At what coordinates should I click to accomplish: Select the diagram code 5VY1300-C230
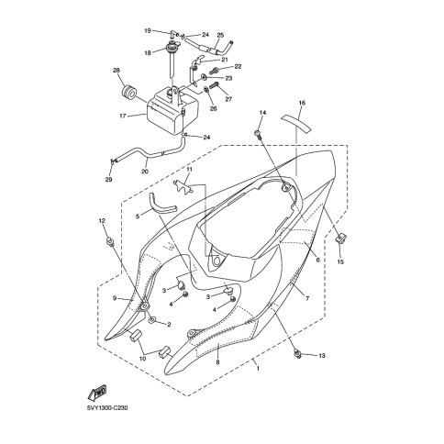click(106, 408)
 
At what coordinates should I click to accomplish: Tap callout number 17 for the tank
click(123, 117)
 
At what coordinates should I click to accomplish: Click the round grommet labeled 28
click(128, 92)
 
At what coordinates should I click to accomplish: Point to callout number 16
click(302, 103)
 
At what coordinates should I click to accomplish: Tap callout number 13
click(322, 356)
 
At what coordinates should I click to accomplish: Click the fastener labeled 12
click(110, 241)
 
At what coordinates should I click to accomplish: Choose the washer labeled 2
click(152, 320)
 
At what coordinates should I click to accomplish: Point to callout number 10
click(142, 359)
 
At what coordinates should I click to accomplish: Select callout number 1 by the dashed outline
click(258, 369)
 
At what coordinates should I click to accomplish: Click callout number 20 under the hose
click(145, 172)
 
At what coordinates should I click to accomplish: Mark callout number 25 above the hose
click(220, 36)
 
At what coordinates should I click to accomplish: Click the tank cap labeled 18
click(172, 48)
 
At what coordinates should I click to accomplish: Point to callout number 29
click(108, 180)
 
